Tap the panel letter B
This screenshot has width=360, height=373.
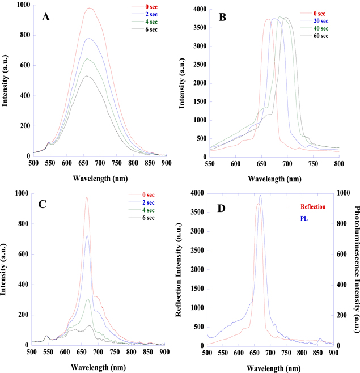(223, 18)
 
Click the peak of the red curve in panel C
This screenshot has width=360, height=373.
(87, 197)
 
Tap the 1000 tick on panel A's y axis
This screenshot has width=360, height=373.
(22, 5)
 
